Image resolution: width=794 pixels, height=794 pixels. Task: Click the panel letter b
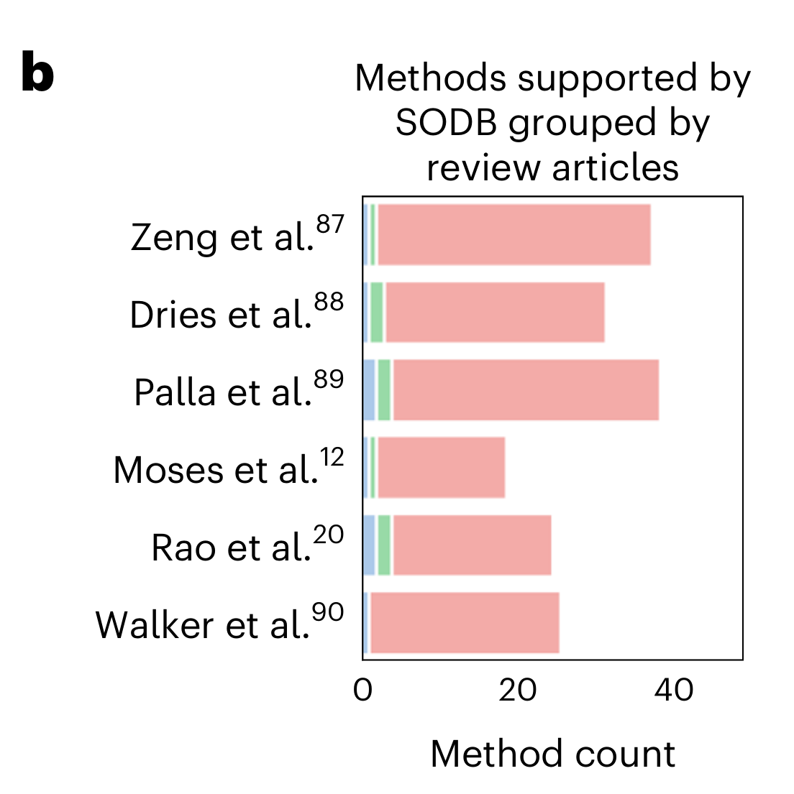pyautogui.click(x=37, y=74)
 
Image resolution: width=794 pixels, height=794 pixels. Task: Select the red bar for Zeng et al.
pyautogui.click(x=514, y=234)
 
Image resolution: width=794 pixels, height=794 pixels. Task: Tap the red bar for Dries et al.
pyautogui.click(x=495, y=312)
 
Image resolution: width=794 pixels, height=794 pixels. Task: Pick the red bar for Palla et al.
pyautogui.click(x=526, y=389)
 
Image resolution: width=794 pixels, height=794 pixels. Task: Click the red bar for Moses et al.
pyautogui.click(x=442, y=467)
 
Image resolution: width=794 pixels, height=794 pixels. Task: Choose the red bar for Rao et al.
pyautogui.click(x=472, y=545)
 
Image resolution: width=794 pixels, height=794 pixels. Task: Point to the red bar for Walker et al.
pyautogui.click(x=465, y=622)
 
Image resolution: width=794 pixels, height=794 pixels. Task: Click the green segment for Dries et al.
pyautogui.click(x=377, y=312)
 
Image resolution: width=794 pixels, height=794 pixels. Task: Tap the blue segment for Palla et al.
pyautogui.click(x=369, y=389)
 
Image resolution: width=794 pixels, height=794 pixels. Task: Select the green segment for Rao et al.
pyautogui.click(x=384, y=545)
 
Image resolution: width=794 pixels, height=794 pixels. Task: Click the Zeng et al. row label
pyautogui.click(x=223, y=237)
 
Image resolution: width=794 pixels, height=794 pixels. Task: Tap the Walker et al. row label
pyautogui.click(x=203, y=624)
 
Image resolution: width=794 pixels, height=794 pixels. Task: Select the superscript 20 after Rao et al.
pyautogui.click(x=329, y=535)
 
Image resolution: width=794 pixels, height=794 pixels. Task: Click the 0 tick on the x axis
pyautogui.click(x=363, y=690)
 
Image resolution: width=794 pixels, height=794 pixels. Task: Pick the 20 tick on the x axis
pyautogui.click(x=518, y=690)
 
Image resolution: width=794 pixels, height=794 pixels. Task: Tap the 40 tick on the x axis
pyautogui.click(x=674, y=690)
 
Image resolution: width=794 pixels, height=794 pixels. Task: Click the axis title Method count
pyautogui.click(x=552, y=754)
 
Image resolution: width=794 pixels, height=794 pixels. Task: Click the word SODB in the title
pyautogui.click(x=446, y=124)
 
